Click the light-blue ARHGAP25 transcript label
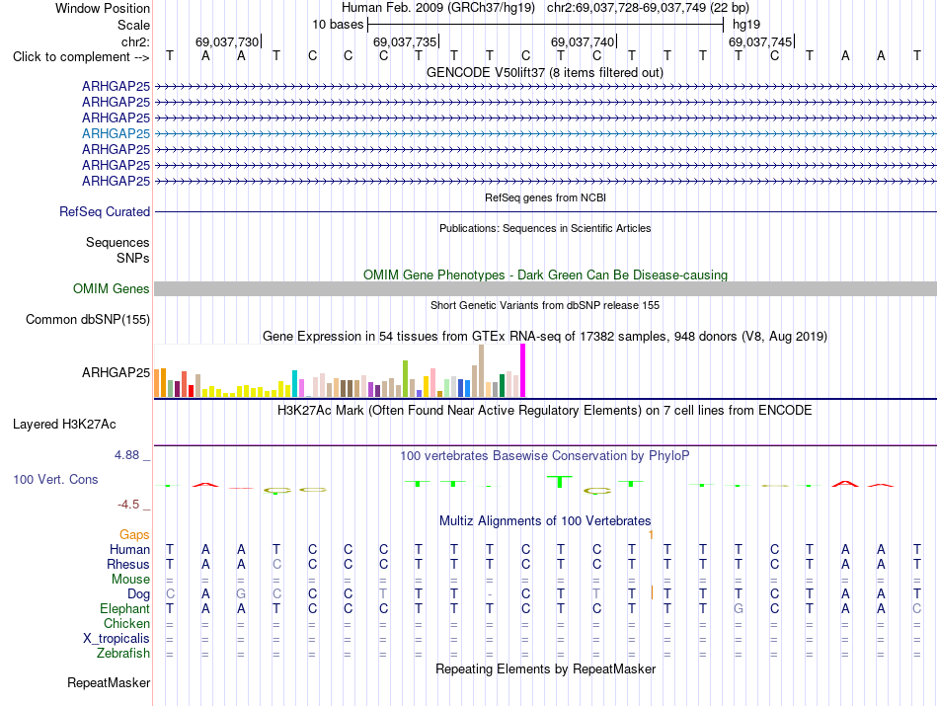coord(117,133)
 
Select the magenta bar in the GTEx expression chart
coord(523,370)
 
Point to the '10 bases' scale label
coord(338,25)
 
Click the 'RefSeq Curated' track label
coord(105,211)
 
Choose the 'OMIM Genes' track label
coord(112,288)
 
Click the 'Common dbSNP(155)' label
coord(88,320)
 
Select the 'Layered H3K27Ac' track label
coord(64,425)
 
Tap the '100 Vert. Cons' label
coord(55,479)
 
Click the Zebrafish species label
coord(123,654)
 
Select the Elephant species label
coord(125,608)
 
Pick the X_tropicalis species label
coord(117,639)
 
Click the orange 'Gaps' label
coord(134,534)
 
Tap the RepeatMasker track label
coord(109,682)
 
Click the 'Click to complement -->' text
coord(81,57)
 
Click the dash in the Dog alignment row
coord(490,594)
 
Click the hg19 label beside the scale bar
coord(746,25)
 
